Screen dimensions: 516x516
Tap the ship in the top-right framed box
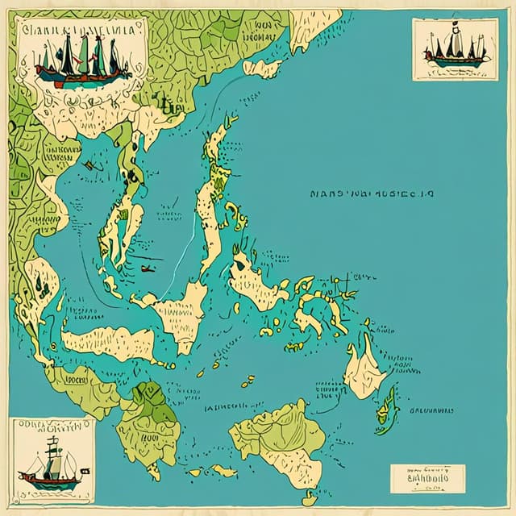(x=456, y=51)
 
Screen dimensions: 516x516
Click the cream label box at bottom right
(x=427, y=478)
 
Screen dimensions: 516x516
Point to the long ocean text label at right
(x=375, y=194)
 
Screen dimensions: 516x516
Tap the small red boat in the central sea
(x=147, y=268)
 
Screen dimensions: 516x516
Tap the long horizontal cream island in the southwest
(x=109, y=343)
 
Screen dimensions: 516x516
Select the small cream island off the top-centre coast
(x=262, y=69)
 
